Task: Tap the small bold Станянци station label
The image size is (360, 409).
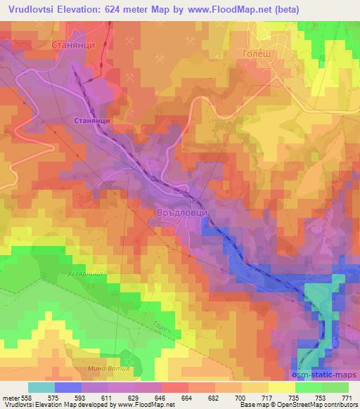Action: (91, 121)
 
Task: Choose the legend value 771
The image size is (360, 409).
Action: (347, 397)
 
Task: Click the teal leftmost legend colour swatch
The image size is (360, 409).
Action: (41, 387)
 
